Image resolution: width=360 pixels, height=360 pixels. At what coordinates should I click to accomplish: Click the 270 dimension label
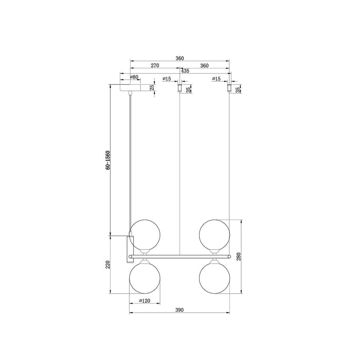click(x=154, y=66)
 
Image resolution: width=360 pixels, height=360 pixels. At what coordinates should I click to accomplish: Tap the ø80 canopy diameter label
click(x=134, y=77)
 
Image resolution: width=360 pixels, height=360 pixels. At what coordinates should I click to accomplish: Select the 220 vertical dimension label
click(x=107, y=265)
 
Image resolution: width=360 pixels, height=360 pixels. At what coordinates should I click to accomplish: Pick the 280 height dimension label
click(x=239, y=256)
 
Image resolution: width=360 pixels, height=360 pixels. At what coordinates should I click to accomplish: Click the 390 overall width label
click(x=179, y=310)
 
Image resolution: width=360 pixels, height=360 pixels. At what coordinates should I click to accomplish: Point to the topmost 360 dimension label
click(x=179, y=58)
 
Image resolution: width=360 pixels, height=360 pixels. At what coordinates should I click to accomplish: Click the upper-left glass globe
click(x=143, y=233)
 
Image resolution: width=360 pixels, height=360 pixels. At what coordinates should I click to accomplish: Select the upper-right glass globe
click(x=215, y=233)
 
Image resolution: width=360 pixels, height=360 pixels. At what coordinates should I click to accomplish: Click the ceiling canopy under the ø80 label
click(x=132, y=88)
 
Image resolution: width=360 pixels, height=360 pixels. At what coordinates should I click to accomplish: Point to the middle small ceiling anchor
click(x=178, y=89)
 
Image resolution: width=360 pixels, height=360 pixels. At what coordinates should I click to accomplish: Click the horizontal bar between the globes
click(x=179, y=255)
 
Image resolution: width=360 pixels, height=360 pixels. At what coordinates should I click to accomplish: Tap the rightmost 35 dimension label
click(x=238, y=89)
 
